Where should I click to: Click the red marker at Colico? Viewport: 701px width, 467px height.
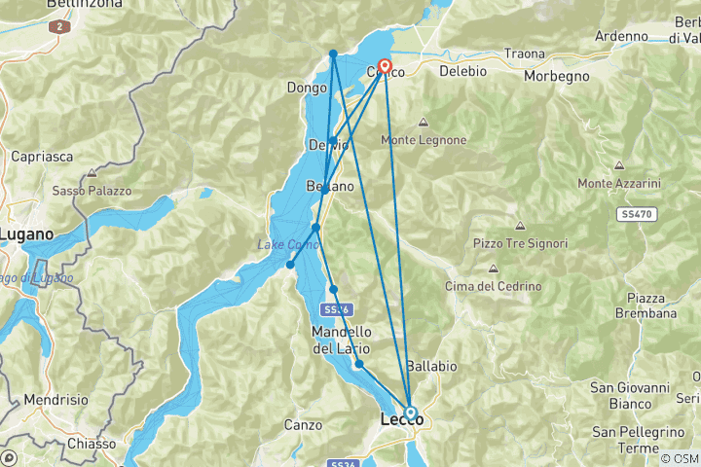coord(384,67)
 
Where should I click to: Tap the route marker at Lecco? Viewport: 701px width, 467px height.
coord(411,413)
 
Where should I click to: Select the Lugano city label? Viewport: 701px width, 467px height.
coord(33,234)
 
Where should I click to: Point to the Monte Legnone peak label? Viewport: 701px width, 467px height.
coord(424,140)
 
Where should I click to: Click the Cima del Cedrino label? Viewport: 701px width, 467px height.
coord(493,285)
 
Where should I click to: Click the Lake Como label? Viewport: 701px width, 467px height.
coord(288,243)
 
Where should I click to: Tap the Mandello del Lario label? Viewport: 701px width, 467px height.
coord(341,340)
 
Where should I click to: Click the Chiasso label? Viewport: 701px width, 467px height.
coord(93,444)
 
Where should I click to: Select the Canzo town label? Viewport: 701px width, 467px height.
coord(303,424)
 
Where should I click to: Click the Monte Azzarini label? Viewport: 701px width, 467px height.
coord(618,183)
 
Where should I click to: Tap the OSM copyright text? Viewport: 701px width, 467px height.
coord(678,458)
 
